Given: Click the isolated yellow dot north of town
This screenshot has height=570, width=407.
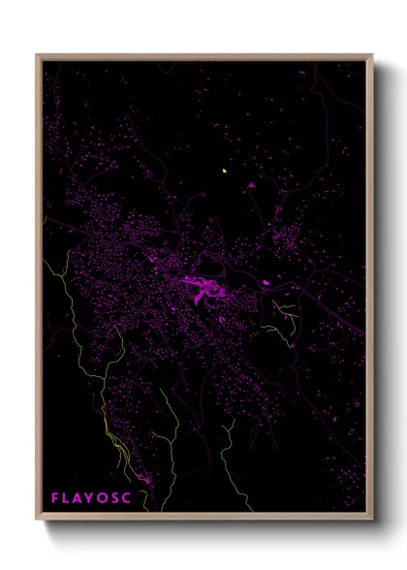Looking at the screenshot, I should [225, 172].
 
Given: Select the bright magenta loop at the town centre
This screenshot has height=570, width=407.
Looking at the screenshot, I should [204, 288].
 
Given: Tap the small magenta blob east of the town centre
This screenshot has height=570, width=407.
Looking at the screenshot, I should [266, 283].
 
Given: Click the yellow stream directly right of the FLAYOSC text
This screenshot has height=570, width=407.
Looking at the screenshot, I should [145, 480].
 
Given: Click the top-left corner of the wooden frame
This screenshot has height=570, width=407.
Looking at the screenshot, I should [38, 55].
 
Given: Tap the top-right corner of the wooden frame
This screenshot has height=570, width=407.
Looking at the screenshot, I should [371, 55].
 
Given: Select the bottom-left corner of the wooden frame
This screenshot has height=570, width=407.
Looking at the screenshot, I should [38, 519].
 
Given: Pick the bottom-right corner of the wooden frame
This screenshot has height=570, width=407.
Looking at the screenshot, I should [371, 519].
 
